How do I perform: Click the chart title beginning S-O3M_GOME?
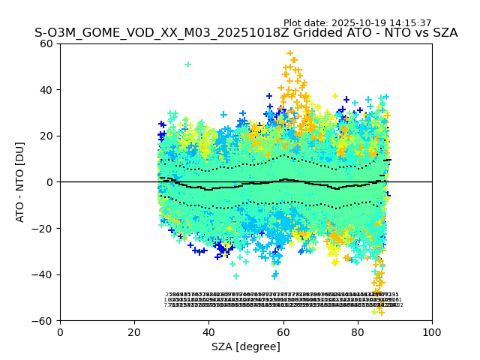point(246,34)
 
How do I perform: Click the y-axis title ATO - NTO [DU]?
point(21,182)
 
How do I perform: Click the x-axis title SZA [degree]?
point(246,347)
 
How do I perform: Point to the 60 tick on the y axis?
point(47,43)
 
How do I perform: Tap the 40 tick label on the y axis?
point(47,90)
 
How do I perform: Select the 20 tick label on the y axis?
point(47,136)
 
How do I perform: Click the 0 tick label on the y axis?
point(50,182)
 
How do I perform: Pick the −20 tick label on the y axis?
point(44,228)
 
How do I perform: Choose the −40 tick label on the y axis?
point(44,274)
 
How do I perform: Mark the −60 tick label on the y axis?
point(44,320)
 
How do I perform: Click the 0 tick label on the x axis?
point(60,331)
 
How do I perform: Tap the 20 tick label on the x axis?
point(134,331)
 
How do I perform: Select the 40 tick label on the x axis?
point(208,331)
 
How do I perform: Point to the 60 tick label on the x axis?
point(283,331)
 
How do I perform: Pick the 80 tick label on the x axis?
point(358,331)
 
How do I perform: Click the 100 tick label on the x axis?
point(432,331)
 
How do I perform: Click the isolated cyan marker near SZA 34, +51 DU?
point(187,64)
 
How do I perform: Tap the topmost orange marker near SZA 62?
point(290,54)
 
